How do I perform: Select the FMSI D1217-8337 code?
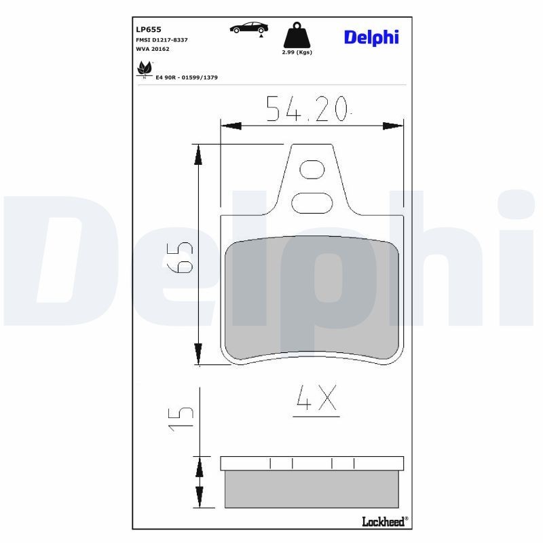tap(162, 40)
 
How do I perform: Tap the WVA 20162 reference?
tap(153, 50)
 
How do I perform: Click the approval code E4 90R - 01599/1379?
tap(186, 78)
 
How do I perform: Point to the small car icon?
tap(248, 28)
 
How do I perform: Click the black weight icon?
tap(297, 35)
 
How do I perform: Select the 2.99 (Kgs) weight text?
tap(297, 52)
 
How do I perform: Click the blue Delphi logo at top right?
tap(371, 37)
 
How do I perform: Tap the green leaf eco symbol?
tap(144, 68)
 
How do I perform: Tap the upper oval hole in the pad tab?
tap(312, 169)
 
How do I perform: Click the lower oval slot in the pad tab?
tap(312, 202)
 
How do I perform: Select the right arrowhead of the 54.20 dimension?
tap(393, 126)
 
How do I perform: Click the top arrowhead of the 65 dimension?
tap(198, 155)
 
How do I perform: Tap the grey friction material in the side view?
tap(312, 489)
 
